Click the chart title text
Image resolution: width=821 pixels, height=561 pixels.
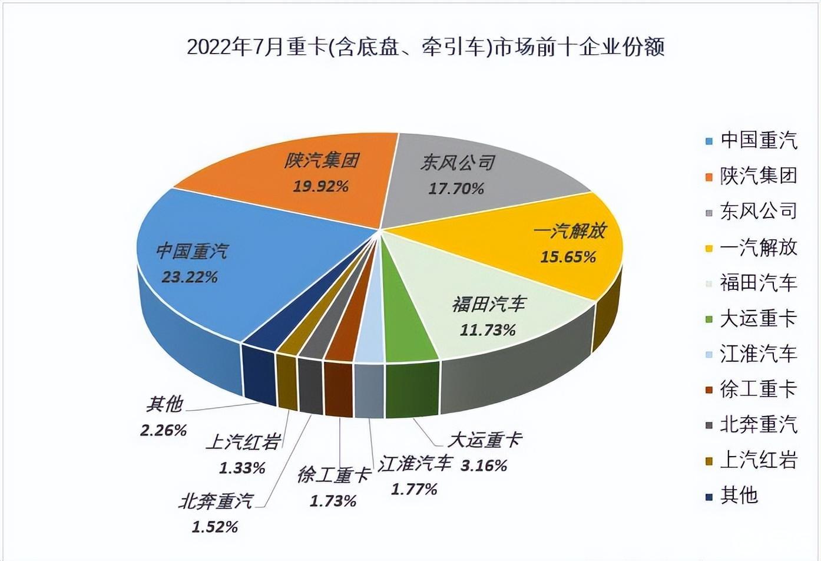[425, 47]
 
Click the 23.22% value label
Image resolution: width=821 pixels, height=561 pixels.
[190, 277]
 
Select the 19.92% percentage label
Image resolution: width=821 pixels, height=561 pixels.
[321, 187]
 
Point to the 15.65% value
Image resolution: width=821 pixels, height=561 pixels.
[568, 257]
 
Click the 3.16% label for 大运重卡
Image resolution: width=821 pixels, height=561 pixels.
[484, 466]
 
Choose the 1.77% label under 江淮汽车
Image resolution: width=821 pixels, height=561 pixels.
[415, 489]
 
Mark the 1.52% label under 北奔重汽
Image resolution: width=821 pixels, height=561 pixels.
[215, 527]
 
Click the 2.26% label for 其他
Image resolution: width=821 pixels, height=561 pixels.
[163, 430]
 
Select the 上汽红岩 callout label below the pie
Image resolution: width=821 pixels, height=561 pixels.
[243, 442]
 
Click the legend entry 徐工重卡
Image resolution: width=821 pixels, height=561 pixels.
[758, 389]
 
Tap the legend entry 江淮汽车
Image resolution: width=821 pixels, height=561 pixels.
[758, 354]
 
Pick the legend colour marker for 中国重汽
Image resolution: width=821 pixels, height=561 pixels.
[710, 141]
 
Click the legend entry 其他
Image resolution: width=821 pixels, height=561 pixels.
[739, 496]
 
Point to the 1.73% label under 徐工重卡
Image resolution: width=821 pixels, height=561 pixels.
[333, 501]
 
